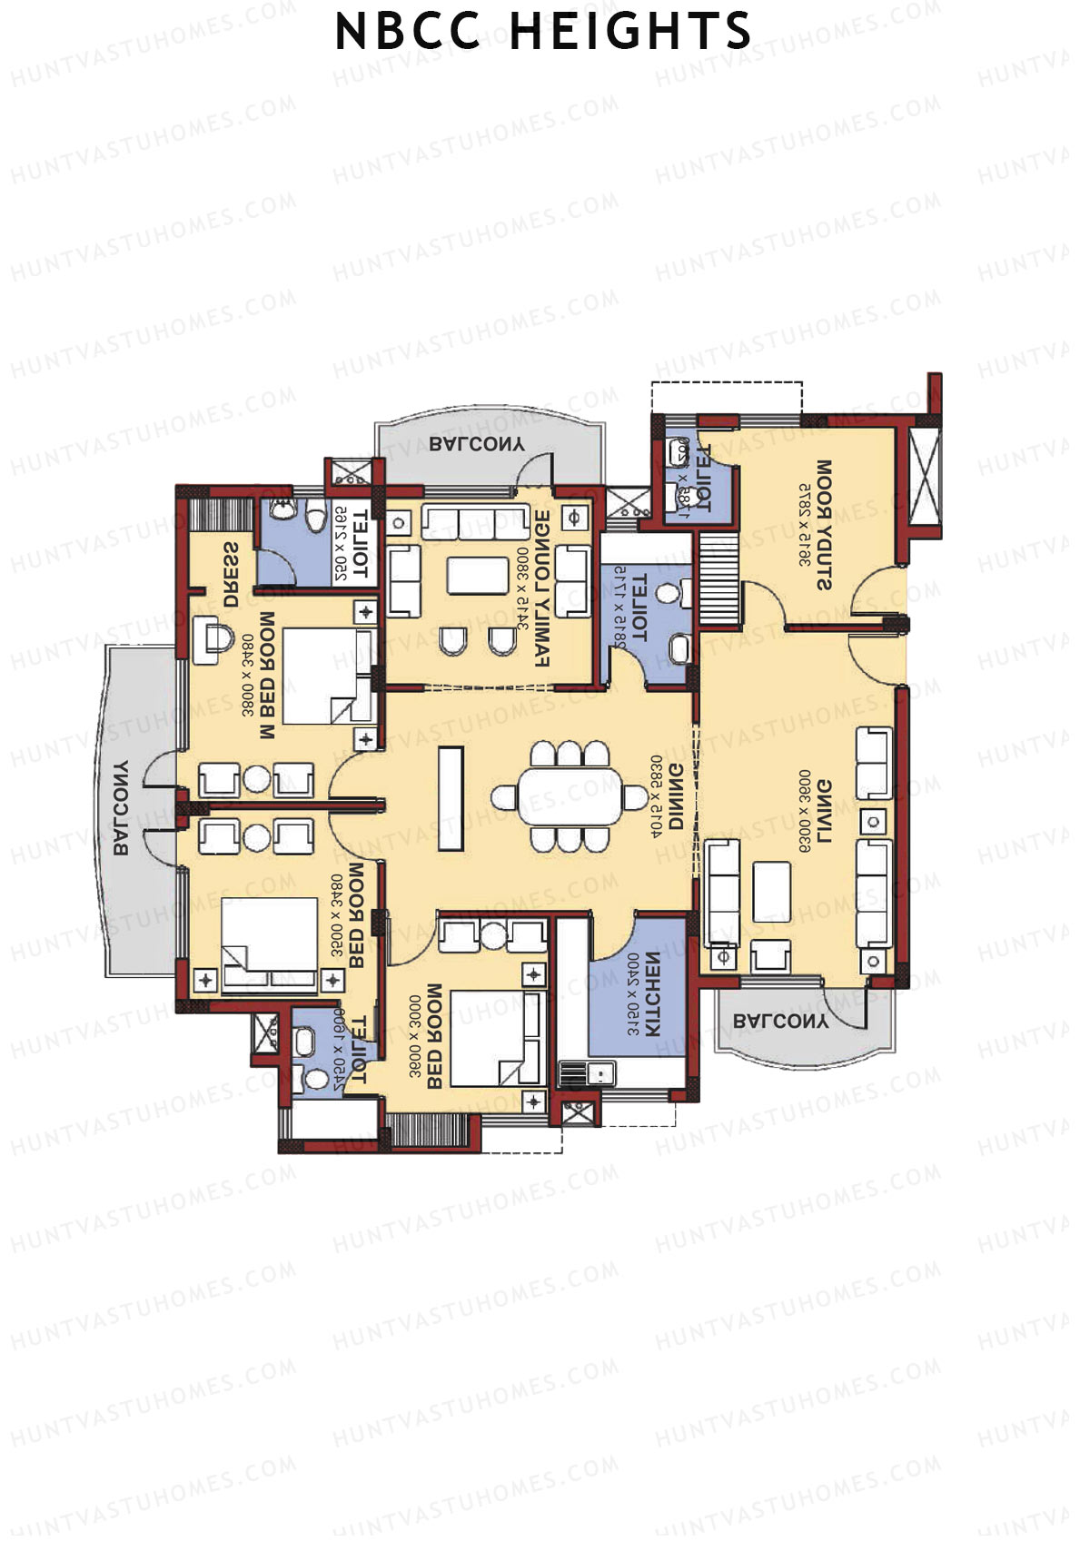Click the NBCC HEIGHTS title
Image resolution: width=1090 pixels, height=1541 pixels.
(x=543, y=33)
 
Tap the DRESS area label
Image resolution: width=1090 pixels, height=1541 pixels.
(x=231, y=575)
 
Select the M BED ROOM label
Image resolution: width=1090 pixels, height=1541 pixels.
(x=267, y=676)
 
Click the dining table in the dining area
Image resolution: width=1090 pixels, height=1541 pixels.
(x=570, y=796)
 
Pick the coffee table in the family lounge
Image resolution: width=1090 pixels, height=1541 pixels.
(x=478, y=576)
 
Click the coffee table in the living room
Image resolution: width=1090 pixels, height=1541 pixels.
(x=771, y=892)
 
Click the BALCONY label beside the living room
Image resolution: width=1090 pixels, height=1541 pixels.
(x=781, y=1021)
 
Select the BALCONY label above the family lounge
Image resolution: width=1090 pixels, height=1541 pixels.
(x=476, y=444)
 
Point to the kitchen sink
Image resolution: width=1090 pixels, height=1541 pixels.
(x=599, y=1073)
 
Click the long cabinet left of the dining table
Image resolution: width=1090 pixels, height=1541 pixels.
(x=451, y=798)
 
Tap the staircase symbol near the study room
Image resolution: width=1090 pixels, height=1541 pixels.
(x=718, y=578)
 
